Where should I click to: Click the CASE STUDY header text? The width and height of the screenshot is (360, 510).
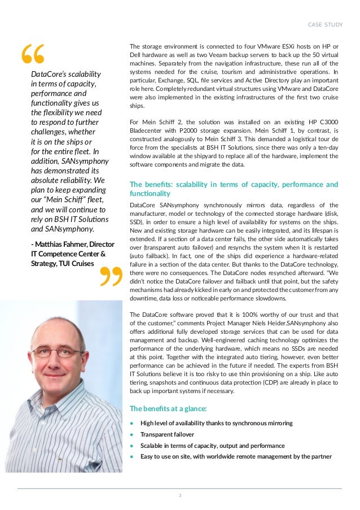click(x=324, y=24)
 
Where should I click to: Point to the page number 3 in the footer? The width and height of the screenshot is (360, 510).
click(x=179, y=496)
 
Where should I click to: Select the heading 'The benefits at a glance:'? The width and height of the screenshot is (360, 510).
click(x=168, y=408)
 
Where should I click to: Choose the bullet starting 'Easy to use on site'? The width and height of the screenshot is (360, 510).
click(x=236, y=456)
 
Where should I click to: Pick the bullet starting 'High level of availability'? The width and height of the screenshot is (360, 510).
click(x=216, y=423)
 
